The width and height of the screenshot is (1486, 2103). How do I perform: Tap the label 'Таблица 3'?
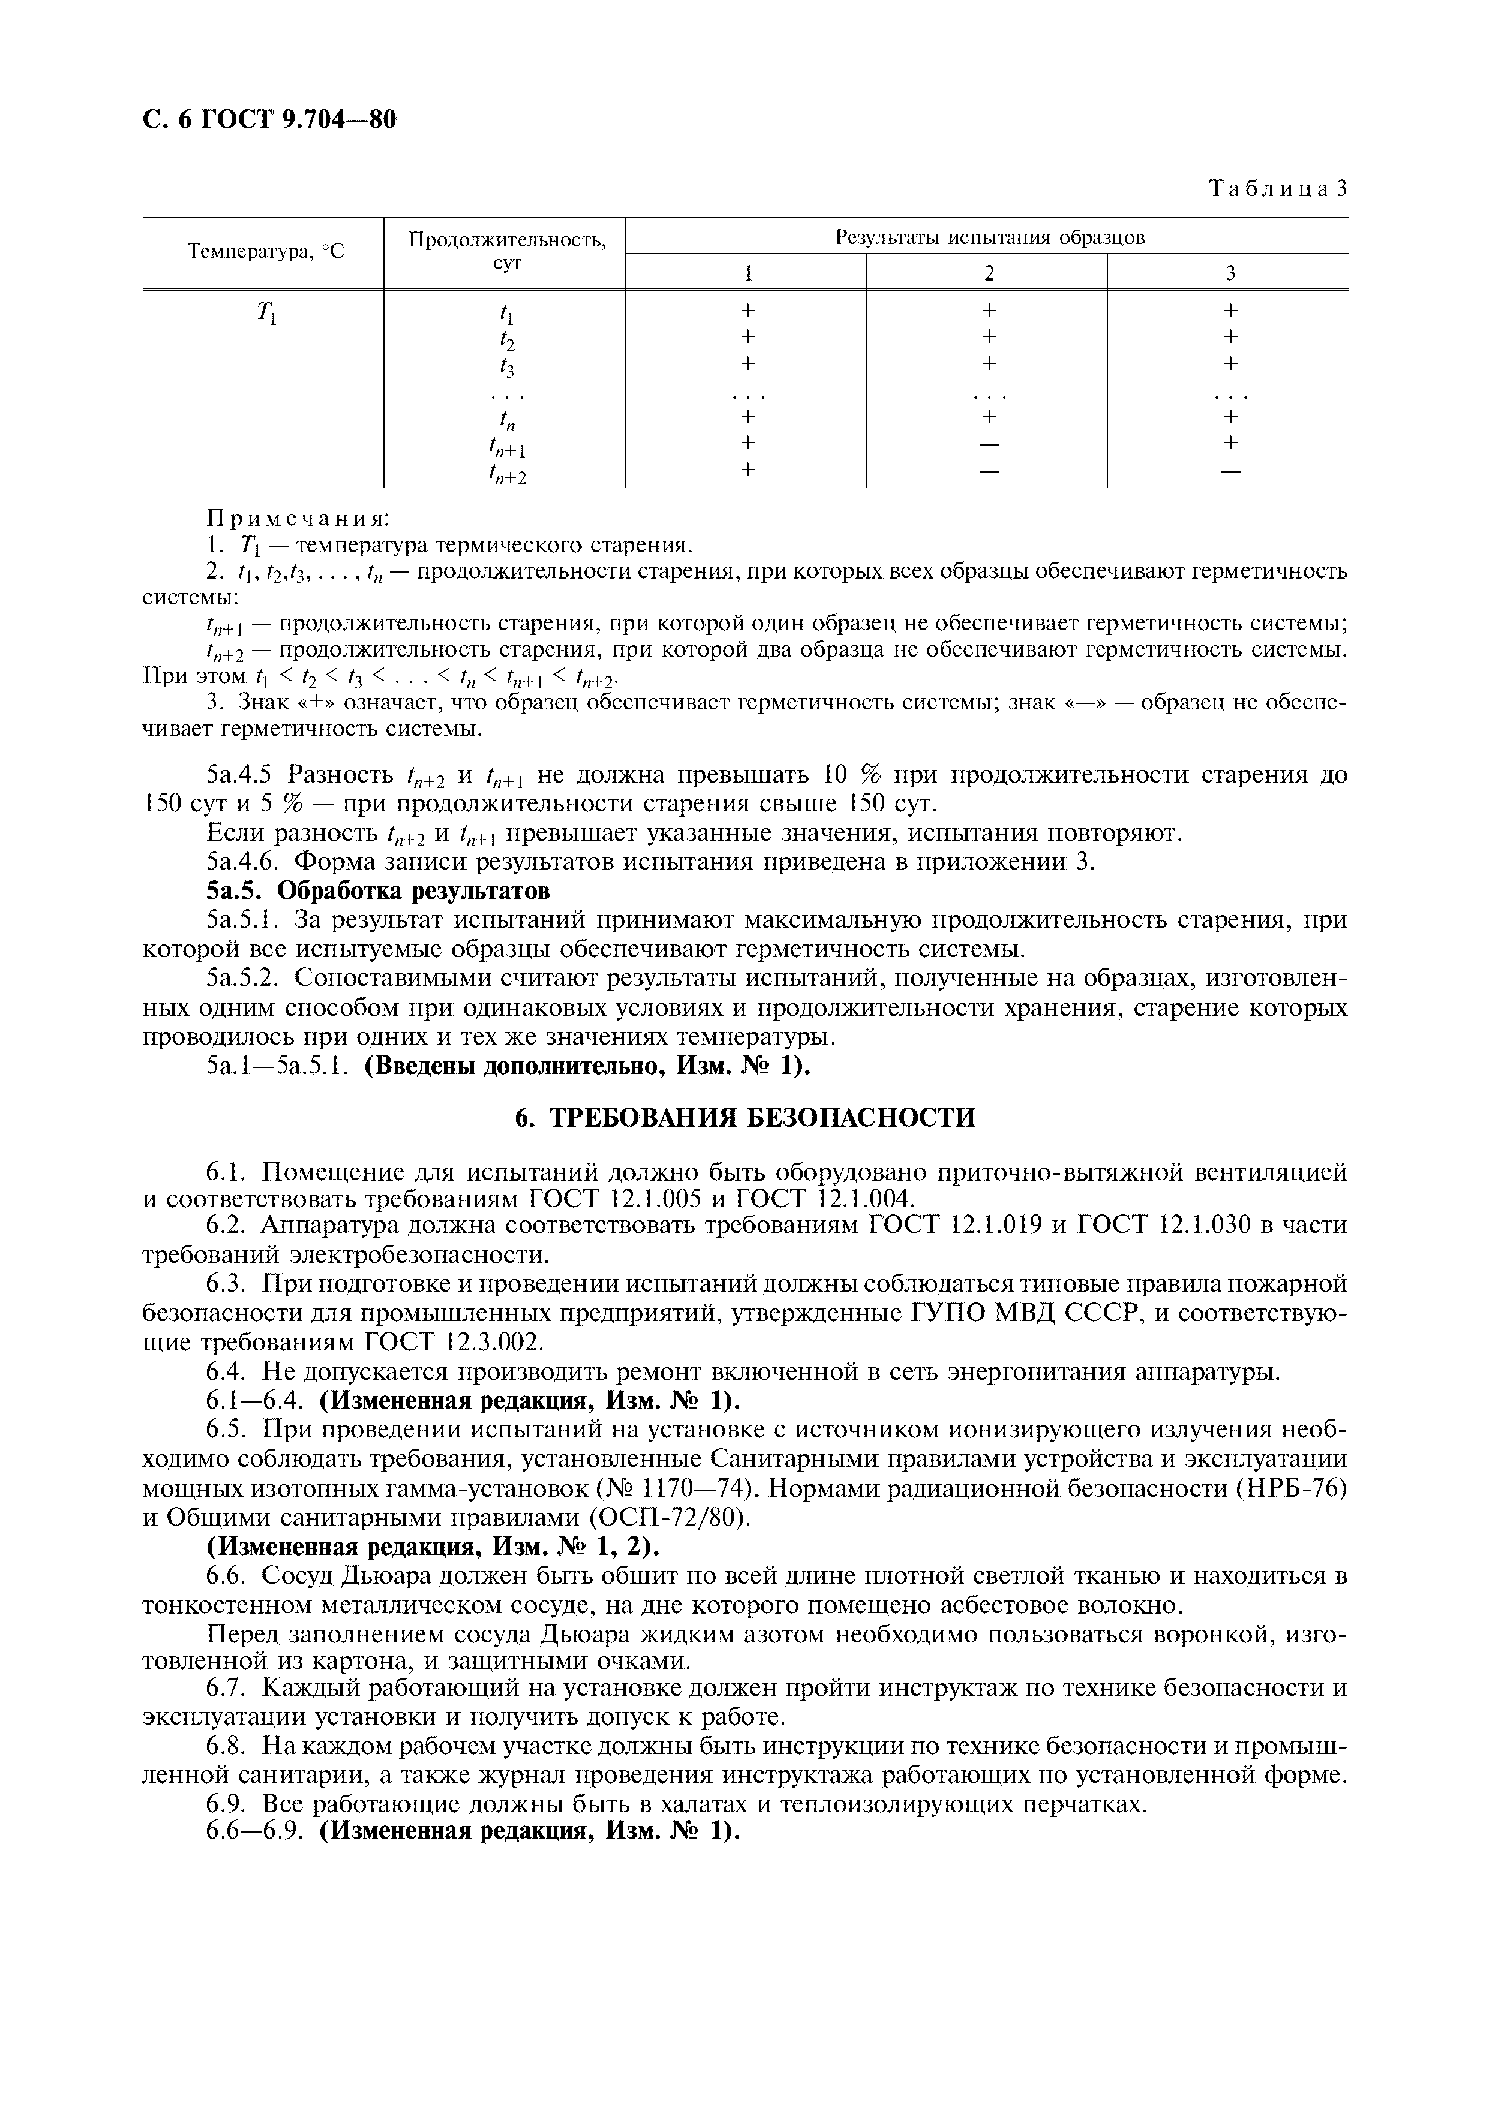1278,189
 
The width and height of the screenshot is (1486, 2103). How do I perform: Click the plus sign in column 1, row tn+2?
747,471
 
